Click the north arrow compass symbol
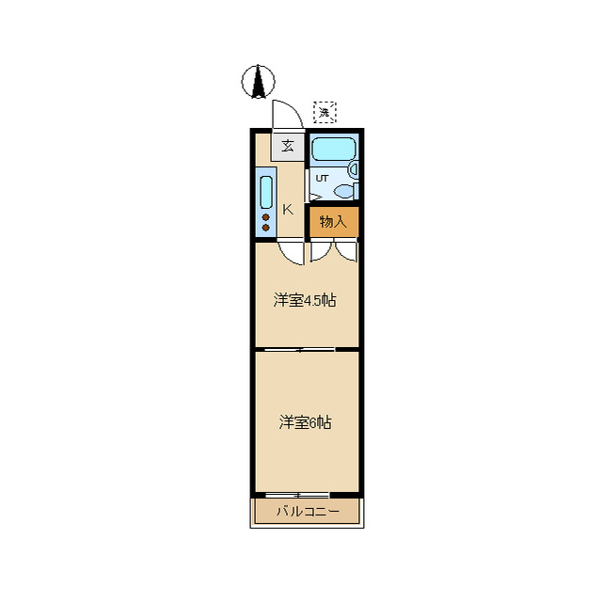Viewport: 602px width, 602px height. coord(257,83)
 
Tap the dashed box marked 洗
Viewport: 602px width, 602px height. coord(325,112)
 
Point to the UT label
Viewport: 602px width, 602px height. coord(322,178)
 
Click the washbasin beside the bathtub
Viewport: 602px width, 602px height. coord(354,170)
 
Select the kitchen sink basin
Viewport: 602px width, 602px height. coord(266,193)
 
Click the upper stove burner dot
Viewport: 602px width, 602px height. coord(266,217)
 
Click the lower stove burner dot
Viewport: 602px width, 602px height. coord(266,228)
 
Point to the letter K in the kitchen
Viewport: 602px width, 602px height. coord(288,209)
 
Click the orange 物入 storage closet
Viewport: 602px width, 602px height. coord(334,222)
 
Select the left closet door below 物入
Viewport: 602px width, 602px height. coord(322,250)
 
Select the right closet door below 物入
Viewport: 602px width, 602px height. coord(346,250)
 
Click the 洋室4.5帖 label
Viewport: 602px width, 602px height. coord(305,301)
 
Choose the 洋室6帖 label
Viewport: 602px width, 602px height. coord(305,422)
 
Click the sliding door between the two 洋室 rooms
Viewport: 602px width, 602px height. coord(299,350)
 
